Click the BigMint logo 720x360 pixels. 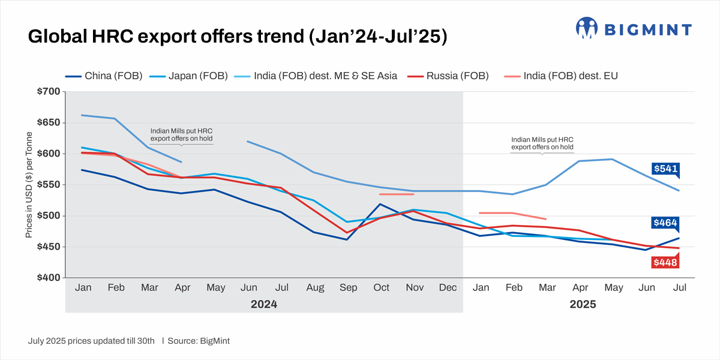[x=634, y=28]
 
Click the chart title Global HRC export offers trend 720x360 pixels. [x=238, y=37]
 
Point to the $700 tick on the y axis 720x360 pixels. [x=47, y=91]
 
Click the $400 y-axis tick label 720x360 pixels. [x=47, y=278]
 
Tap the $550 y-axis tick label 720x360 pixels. [x=47, y=185]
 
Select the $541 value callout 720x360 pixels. [x=665, y=169]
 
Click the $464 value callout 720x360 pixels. [x=665, y=223]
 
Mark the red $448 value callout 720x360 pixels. [x=665, y=262]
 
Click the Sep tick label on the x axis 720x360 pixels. [x=348, y=288]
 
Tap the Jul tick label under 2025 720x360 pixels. [x=679, y=288]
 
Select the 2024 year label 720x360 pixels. [x=264, y=304]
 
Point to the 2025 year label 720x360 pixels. [x=583, y=304]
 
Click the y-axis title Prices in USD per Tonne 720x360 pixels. [x=29, y=185]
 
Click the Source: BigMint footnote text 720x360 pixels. [x=199, y=341]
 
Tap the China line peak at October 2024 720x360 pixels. [x=381, y=204]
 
